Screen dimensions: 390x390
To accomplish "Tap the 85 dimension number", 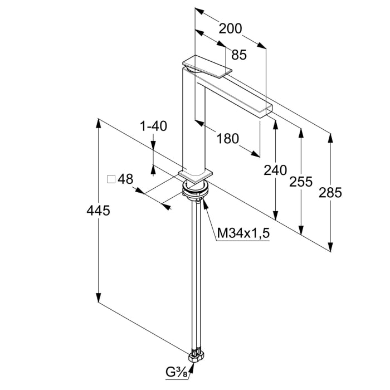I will point(238,55).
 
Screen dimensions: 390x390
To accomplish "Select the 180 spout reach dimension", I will point(227,138).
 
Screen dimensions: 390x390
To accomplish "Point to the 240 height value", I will point(275,170).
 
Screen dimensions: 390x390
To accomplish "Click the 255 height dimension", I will point(301,182).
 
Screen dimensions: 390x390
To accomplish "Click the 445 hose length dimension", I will point(99,211).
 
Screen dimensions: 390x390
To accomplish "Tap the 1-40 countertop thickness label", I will point(153,126).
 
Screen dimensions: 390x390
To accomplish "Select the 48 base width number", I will point(126,179).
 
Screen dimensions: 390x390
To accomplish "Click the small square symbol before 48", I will point(110,179).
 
